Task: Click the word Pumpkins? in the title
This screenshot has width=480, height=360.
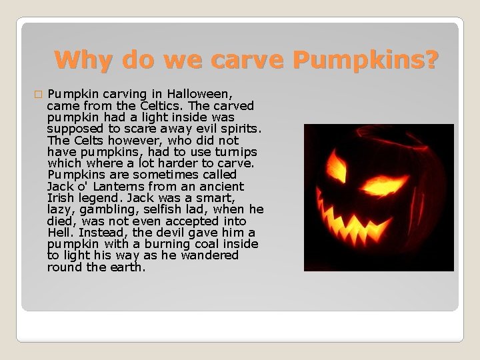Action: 366,61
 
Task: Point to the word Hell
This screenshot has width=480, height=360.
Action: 61,233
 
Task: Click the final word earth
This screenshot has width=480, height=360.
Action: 126,267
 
